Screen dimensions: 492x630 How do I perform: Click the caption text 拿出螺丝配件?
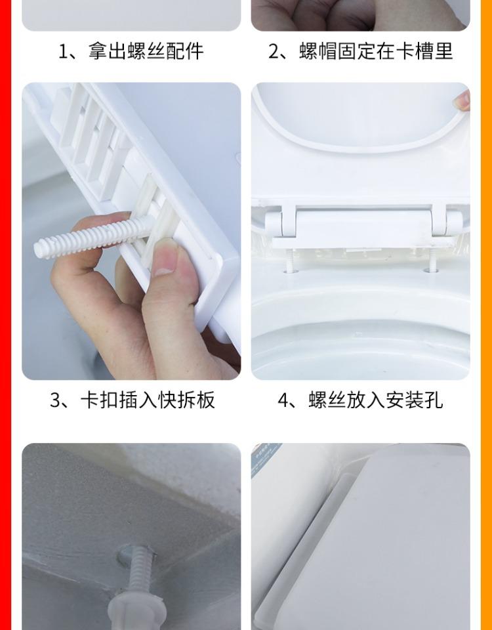(146, 51)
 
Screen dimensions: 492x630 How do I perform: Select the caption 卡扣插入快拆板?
(148, 400)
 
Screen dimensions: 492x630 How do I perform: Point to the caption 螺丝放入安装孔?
(375, 400)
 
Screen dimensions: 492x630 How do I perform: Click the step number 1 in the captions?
(64, 52)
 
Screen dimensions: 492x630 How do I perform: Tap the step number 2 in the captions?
(274, 52)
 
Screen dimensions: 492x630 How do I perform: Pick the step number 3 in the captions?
(55, 400)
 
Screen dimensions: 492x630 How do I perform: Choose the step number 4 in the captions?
(283, 400)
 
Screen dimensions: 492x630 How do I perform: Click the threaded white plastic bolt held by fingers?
(92, 238)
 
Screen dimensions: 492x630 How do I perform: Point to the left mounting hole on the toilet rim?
(291, 271)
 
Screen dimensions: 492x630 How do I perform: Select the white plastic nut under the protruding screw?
(137, 614)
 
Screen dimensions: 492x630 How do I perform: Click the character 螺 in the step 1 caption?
(136, 51)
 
